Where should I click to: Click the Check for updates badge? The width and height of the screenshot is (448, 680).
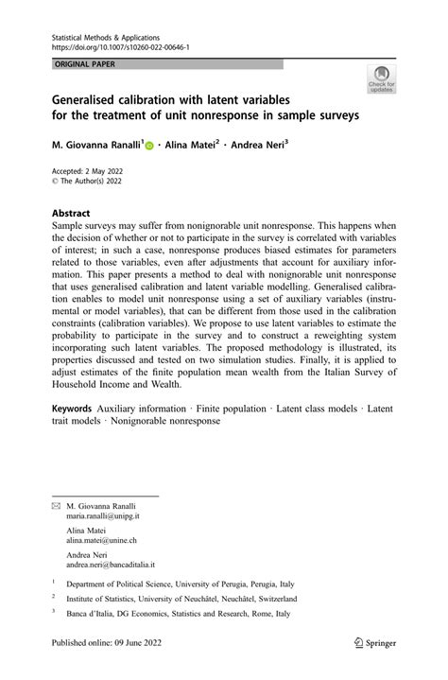pyautogui.click(x=381, y=79)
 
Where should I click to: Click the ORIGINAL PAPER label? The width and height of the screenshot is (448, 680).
pyautogui.click(x=87, y=63)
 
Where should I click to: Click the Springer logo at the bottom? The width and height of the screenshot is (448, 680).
pyautogui.click(x=374, y=642)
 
